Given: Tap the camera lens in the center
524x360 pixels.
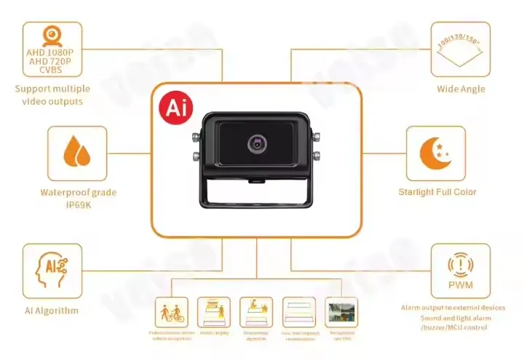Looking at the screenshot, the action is click(257, 143).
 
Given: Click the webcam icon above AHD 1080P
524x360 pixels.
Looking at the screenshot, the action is click(52, 36).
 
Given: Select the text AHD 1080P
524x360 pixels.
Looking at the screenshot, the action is click(52, 53).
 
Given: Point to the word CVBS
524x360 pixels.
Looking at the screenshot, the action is click(52, 70).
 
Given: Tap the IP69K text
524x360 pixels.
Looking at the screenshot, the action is click(78, 204).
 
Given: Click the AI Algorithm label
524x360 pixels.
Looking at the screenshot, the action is click(52, 311).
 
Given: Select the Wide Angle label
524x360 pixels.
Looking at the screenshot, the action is click(460, 89).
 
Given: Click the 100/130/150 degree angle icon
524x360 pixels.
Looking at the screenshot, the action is click(460, 48).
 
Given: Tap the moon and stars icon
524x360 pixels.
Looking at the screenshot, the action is click(435, 153).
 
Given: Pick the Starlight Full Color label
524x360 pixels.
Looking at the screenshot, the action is click(437, 192).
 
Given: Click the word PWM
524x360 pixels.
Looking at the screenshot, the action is click(460, 285).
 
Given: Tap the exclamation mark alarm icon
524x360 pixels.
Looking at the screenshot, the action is click(460, 263).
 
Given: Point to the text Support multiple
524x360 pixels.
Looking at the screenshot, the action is click(52, 89).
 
